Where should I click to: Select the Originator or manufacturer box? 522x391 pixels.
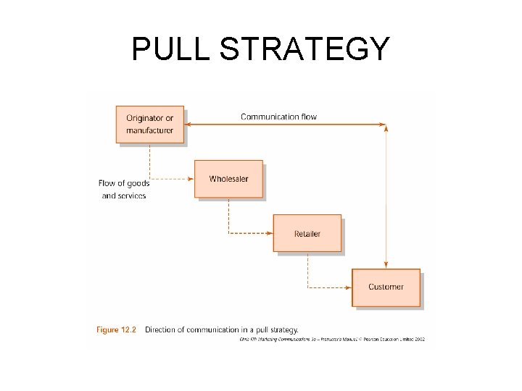(149, 125)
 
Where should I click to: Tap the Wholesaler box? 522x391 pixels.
(228, 179)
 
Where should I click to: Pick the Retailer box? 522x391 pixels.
(307, 233)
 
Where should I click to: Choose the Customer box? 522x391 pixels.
(386, 287)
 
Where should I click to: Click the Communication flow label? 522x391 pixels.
(278, 117)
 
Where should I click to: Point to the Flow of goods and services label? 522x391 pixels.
(124, 189)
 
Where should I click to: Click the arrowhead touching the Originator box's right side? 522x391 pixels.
(188, 125)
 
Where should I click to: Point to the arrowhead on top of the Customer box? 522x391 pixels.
(386, 265)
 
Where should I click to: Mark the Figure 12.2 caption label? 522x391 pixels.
(116, 329)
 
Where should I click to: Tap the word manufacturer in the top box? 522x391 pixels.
(149, 130)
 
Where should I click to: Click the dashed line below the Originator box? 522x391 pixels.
(149, 161)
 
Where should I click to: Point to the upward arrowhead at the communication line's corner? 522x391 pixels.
(386, 129)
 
